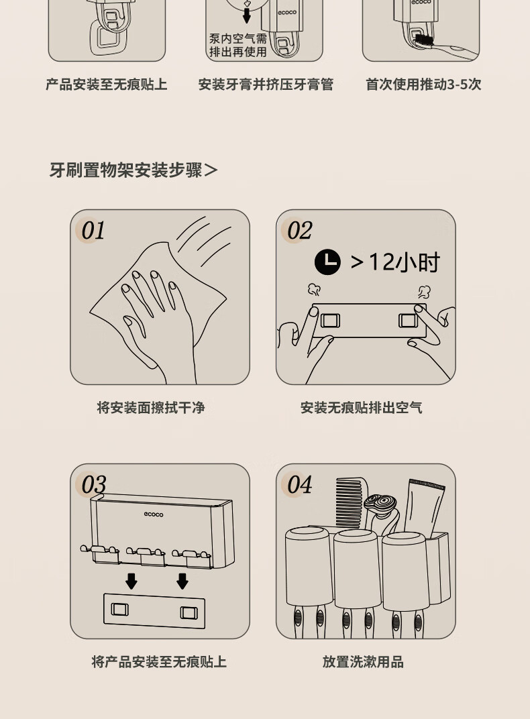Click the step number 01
[93, 230]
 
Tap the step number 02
[299, 230]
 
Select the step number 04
[299, 484]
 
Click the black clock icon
[327, 262]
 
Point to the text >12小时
[395, 262]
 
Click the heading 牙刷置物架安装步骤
[125, 170]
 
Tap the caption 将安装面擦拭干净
[151, 407]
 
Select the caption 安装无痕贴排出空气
[362, 407]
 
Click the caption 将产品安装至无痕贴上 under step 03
[158, 662]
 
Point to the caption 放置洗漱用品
[363, 662]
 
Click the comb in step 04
[352, 502]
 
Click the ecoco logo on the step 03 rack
[154, 514]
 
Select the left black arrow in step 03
[131, 581]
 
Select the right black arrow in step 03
[182, 581]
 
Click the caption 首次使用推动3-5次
[423, 85]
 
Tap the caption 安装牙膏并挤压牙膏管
[266, 85]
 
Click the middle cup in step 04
[358, 569]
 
